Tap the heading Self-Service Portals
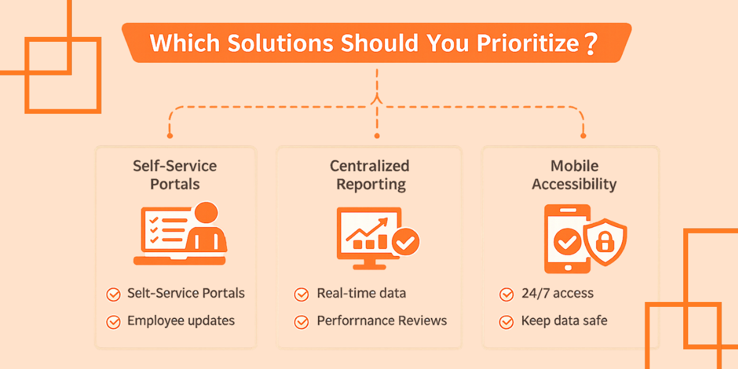click(x=175, y=175)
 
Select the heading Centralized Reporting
click(x=370, y=175)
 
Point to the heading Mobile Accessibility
click(x=574, y=175)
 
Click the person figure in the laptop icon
click(x=206, y=231)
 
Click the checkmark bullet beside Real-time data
click(x=301, y=294)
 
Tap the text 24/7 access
click(x=557, y=293)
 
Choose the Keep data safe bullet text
click(x=564, y=321)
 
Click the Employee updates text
click(x=181, y=321)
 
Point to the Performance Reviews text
click(x=381, y=321)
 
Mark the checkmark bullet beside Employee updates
click(x=113, y=322)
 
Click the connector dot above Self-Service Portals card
click(x=170, y=135)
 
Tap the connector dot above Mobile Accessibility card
click(x=583, y=135)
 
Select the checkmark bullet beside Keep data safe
click(x=506, y=322)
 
